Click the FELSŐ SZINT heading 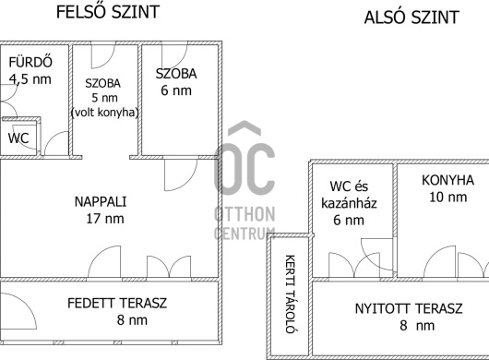click(108, 12)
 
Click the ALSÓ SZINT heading click(411, 18)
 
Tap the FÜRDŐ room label click(30, 62)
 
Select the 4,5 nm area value click(30, 79)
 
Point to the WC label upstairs click(18, 138)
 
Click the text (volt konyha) click(105, 113)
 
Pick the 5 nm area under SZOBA click(104, 98)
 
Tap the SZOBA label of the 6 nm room click(176, 74)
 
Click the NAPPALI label click(101, 202)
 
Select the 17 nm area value click(105, 219)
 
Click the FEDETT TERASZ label click(117, 303)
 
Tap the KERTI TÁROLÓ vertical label click(290, 294)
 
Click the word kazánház click(349, 203)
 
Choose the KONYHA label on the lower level click(447, 180)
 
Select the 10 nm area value click(447, 198)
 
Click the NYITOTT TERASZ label click(409, 308)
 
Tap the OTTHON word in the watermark click(244, 214)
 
